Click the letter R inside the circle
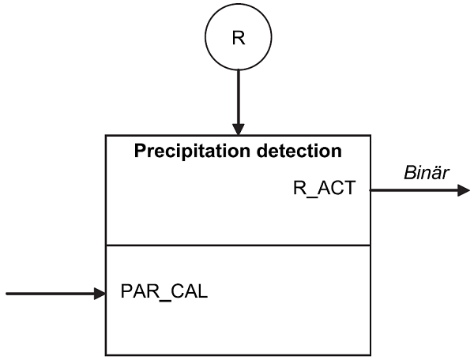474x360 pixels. [x=238, y=37]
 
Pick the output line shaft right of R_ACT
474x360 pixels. [x=411, y=190]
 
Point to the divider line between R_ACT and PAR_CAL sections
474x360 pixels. [x=238, y=246]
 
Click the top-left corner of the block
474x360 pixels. [x=106, y=136]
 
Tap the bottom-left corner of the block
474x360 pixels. [x=106, y=354]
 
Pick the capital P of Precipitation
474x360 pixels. [x=139, y=150]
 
